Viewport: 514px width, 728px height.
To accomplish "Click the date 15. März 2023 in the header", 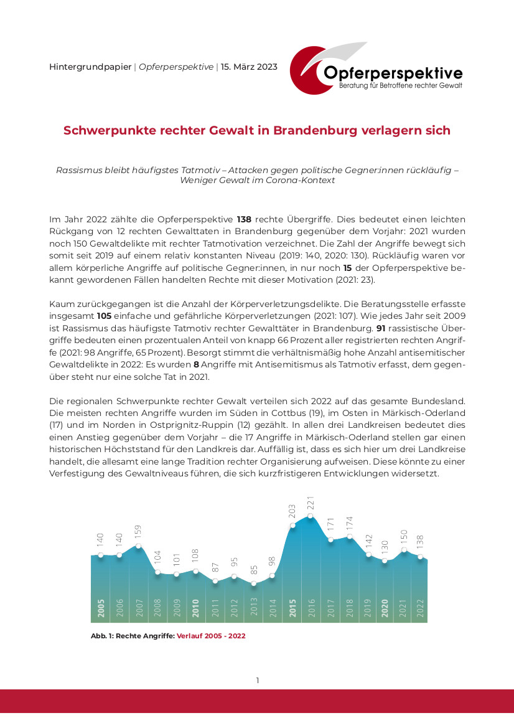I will pos(250,67).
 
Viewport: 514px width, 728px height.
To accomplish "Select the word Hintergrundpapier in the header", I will pos(90,67).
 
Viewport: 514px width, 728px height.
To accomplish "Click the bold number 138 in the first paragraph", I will pos(245,219).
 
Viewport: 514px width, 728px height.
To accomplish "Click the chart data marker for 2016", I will pos(311,516).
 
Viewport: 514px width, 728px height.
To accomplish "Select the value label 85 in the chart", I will pos(253,570).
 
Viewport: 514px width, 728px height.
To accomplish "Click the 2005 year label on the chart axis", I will pos(101,608).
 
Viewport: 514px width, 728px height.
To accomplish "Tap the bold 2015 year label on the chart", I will pos(292,608).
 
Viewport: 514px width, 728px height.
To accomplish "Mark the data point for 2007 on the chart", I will pos(139,546).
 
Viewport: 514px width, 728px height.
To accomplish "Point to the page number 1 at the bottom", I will pos(257,681).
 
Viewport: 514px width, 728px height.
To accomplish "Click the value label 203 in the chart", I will pos(292,512).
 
